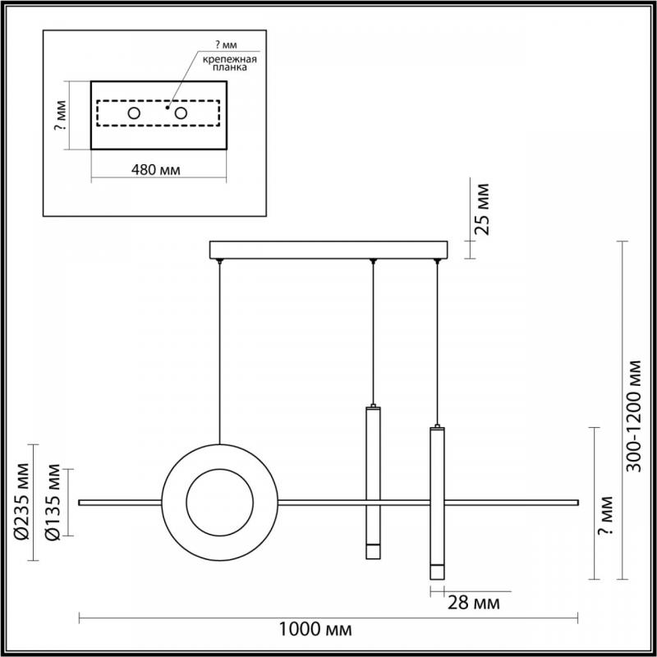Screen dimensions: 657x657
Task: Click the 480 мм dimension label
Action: [x=156, y=170]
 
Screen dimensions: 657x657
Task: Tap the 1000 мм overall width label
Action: [x=315, y=629]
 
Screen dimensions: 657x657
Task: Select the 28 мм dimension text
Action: [x=474, y=603]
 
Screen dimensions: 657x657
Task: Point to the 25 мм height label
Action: [x=482, y=209]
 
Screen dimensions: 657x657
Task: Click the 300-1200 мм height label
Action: [x=633, y=416]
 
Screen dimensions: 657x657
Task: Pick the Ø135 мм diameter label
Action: [x=53, y=502]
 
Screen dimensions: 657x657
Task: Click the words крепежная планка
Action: [x=230, y=63]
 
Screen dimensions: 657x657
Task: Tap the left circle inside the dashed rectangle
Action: [x=134, y=113]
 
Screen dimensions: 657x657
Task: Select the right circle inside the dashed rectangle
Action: [x=181, y=113]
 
